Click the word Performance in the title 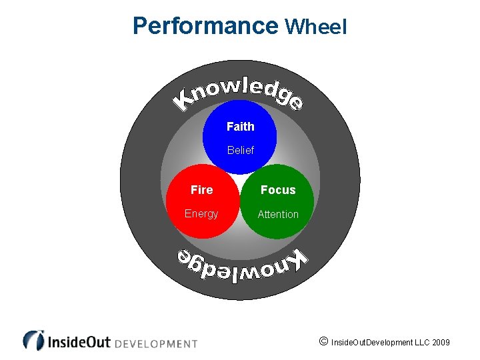pos(205,26)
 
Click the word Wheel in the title pos(315,27)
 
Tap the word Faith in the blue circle pos(240,126)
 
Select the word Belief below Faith pos(240,150)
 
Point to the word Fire pos(201,190)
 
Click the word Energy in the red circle pos(201,213)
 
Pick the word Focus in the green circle pos(278,190)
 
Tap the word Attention pos(278,214)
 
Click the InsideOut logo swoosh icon pos(33,340)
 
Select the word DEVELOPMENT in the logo pos(156,344)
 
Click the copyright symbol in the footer pos(323,342)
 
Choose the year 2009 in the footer pos(441,343)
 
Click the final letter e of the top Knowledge pos(295,103)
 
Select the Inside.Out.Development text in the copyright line pos(371,343)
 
